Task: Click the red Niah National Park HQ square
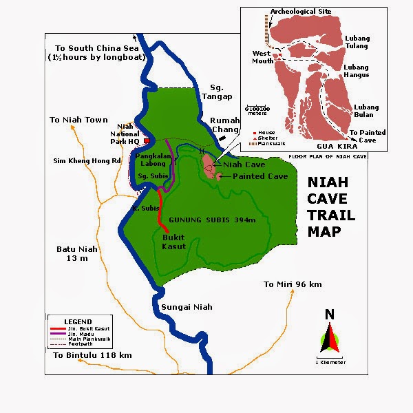point(146,140)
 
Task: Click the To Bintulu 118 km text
point(91,355)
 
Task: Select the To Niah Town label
point(78,120)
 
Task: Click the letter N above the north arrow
point(330,315)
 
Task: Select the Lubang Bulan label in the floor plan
point(368,111)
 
